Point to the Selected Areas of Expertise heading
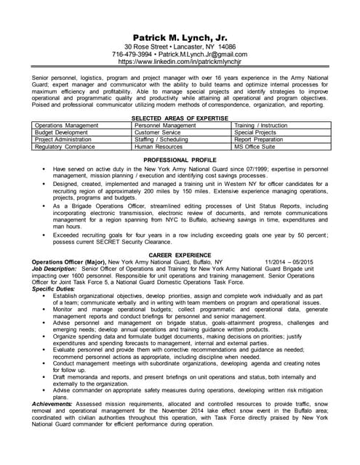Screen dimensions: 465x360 coord(180,118)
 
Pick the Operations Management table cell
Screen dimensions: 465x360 coord(67,126)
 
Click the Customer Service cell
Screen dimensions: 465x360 coord(158,133)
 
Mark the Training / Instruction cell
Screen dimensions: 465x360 coord(260,126)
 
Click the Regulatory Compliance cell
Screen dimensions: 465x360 coord(65,147)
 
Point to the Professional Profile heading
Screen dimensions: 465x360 coord(180,159)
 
